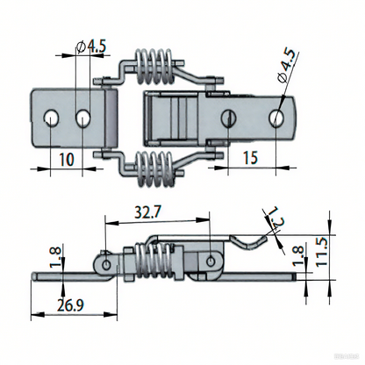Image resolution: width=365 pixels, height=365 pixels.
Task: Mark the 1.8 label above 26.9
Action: click(x=56, y=259)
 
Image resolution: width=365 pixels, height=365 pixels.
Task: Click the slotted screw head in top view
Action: click(x=229, y=115)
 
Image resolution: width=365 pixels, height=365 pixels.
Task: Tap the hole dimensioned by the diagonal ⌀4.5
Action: click(x=277, y=116)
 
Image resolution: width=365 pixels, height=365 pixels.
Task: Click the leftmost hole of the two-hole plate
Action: click(x=54, y=116)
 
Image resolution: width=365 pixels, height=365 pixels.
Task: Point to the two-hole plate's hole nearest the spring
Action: click(x=83, y=116)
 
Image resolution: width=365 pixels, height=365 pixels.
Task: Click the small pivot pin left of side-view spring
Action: click(x=106, y=262)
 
